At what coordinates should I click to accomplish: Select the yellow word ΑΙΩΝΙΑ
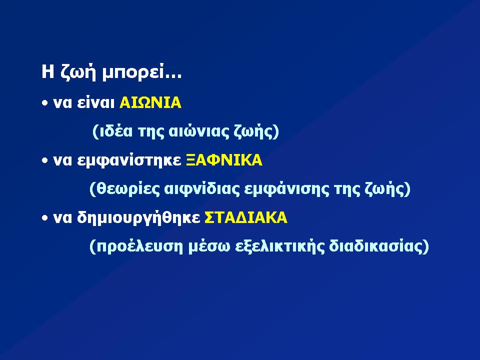coord(150,102)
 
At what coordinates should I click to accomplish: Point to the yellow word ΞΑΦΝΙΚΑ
coord(224,160)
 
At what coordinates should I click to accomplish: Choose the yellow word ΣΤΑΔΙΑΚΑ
coord(246,217)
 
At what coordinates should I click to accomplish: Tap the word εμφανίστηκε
coord(129,160)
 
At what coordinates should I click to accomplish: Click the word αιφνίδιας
coord(201,189)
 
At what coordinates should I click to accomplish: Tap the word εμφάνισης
coord(286,189)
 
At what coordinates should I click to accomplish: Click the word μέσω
coord(209,246)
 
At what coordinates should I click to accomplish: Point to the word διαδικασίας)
coord(379,246)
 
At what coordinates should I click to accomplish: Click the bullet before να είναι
coord(45,103)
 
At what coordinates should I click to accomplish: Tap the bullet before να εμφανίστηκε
coord(45,160)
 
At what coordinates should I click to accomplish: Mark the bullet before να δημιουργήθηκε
coord(45,218)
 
